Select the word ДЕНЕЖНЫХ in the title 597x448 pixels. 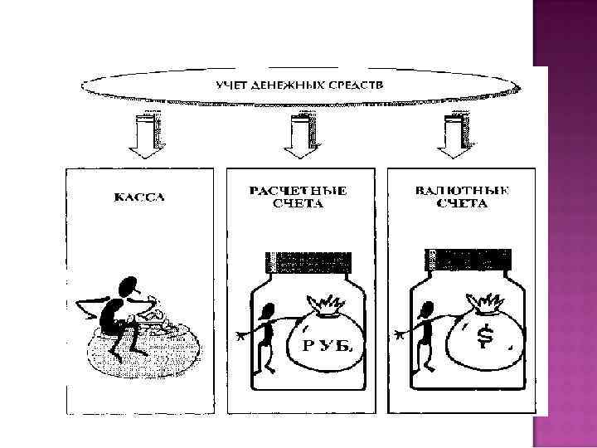pos(288,85)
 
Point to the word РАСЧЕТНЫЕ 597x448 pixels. pos(298,191)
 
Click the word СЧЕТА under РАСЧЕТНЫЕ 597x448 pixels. pos(298,204)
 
